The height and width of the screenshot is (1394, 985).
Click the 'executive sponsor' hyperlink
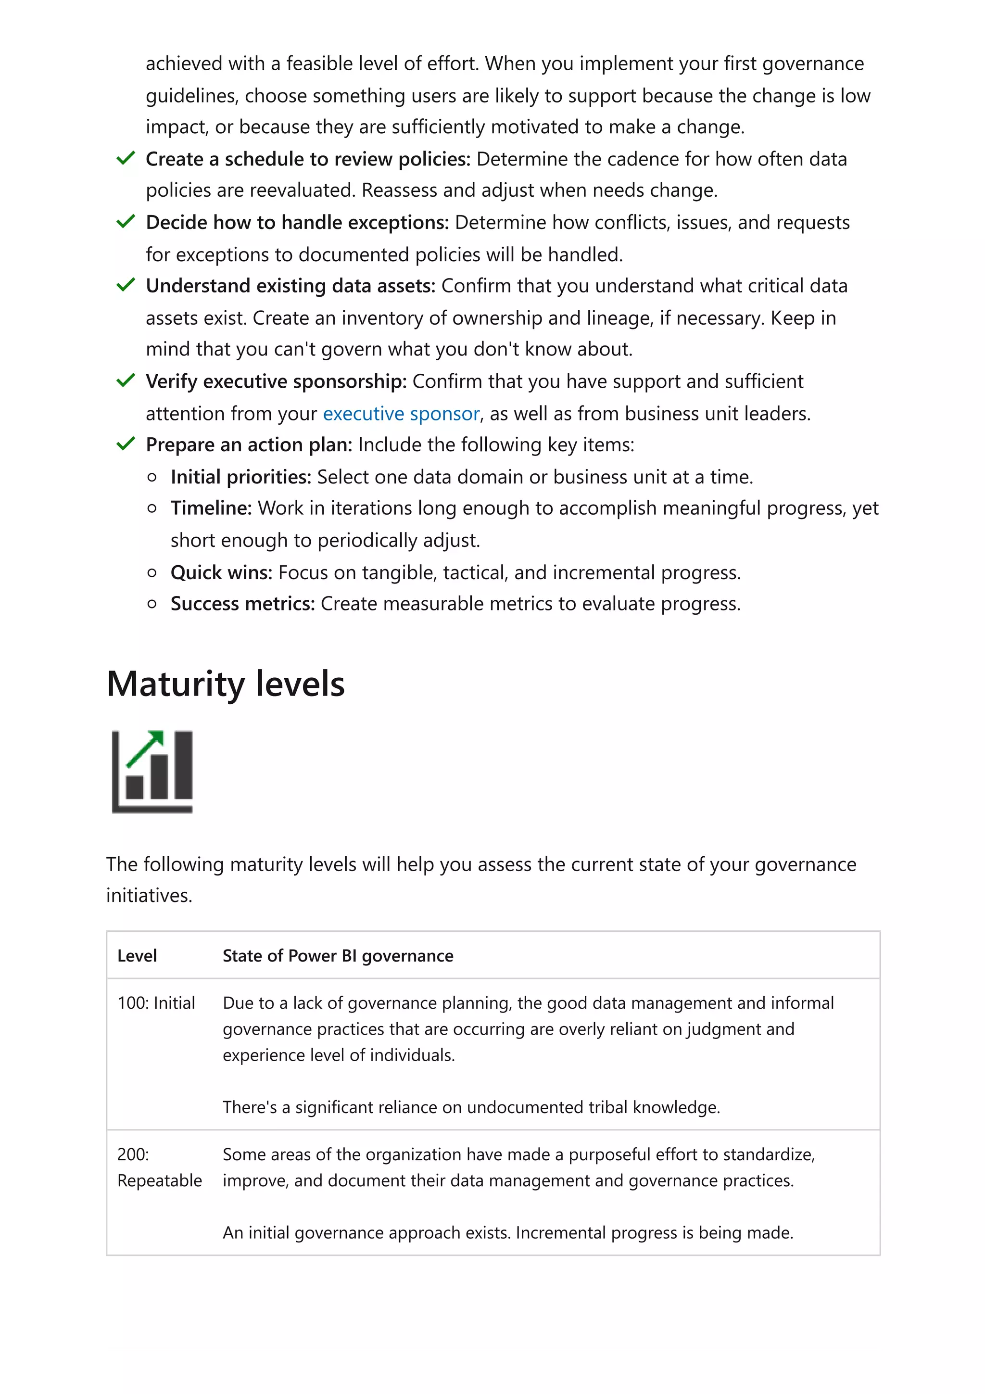pos(401,414)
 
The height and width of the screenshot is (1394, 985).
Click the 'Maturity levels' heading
pos(225,684)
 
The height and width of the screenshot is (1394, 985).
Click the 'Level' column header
pos(137,956)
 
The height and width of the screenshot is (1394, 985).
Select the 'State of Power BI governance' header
pos(338,956)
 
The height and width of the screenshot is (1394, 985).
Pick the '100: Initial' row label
pos(156,1002)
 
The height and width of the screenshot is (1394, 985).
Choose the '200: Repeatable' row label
pos(159,1167)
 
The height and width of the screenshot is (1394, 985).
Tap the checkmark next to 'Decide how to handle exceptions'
pos(126,222)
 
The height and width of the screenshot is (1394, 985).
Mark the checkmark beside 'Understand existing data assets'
pos(126,285)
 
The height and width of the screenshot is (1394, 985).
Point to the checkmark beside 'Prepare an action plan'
pos(126,444)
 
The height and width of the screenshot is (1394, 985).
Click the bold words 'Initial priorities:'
pos(240,477)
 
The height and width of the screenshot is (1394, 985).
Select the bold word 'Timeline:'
pos(211,507)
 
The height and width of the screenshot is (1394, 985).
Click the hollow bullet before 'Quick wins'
pos(152,572)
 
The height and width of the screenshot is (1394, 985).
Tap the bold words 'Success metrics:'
pos(242,604)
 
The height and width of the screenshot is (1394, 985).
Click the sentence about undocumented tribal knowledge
pos(471,1107)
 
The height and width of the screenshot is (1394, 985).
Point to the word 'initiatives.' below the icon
pos(149,896)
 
